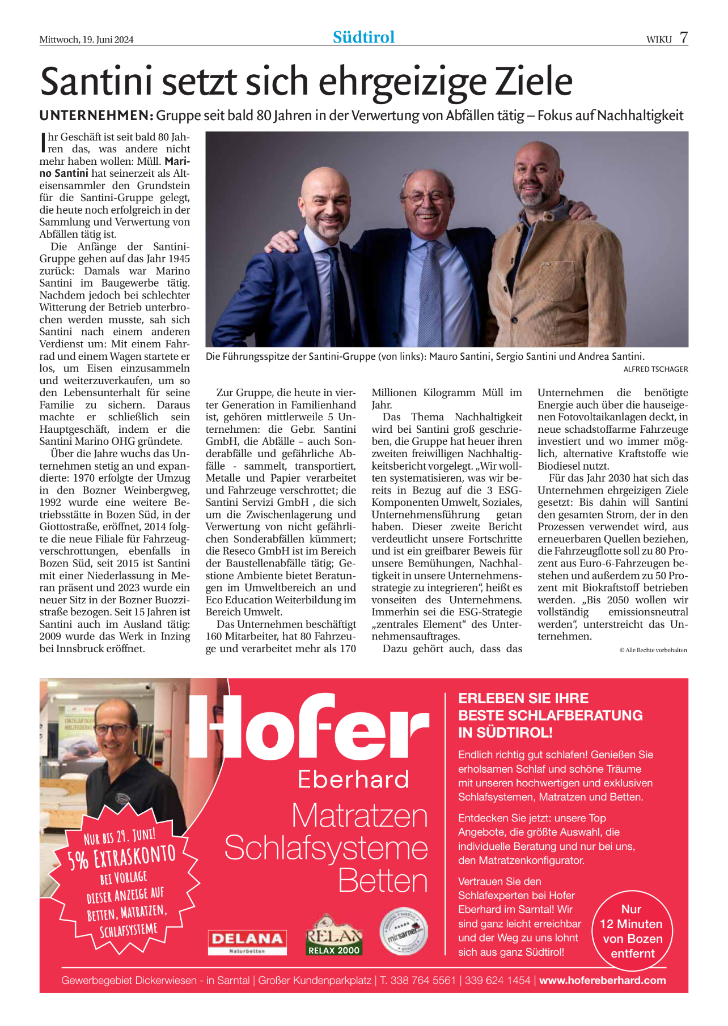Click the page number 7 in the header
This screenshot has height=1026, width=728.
684,37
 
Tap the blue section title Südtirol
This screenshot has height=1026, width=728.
363,37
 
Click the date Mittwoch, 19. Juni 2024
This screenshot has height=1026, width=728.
86,40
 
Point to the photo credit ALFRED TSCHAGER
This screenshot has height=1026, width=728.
655,369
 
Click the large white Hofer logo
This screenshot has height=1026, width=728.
309,726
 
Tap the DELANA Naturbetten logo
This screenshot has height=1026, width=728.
247,942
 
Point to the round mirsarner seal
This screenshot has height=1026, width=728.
403,932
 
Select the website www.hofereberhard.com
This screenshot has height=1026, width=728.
602,981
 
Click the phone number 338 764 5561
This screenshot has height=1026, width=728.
423,981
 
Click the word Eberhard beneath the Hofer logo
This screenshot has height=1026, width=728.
353,780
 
